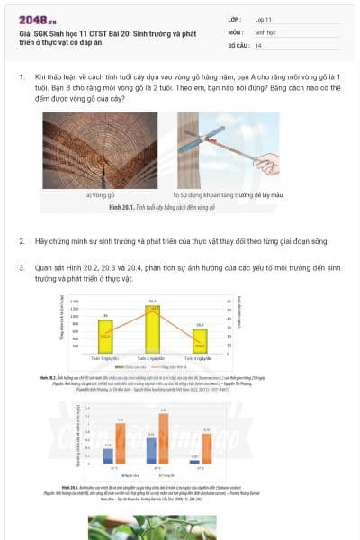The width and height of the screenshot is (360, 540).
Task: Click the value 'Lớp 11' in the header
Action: point(264,19)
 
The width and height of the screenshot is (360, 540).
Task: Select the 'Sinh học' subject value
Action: point(265,31)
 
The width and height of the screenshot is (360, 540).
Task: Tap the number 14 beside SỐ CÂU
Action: point(258,45)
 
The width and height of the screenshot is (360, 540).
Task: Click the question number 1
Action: point(22,78)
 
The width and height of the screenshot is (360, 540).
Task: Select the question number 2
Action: point(22,242)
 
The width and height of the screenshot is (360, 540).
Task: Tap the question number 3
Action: point(22,267)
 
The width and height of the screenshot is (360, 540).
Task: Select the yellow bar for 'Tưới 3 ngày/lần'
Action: point(200,340)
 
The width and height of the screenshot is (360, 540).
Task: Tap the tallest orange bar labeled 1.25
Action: point(164,438)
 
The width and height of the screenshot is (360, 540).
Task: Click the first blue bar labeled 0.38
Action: point(108,456)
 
